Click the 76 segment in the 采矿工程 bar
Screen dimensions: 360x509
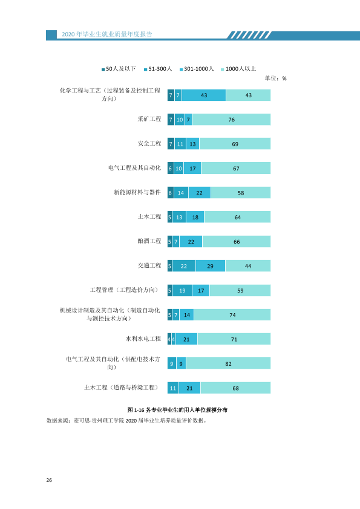click(231, 120)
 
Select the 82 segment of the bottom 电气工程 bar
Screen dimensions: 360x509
click(229, 363)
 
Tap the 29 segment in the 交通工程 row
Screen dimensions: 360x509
click(211, 266)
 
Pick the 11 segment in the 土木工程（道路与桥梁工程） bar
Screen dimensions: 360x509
click(173, 388)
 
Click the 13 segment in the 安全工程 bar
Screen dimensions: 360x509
click(192, 144)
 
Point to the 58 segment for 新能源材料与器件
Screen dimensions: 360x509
click(241, 192)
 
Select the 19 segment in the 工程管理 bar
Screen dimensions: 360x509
click(182, 290)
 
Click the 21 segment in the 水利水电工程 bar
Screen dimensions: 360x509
click(186, 339)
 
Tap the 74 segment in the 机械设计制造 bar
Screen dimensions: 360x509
click(232, 315)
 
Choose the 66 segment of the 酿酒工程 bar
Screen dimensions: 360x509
click(237, 242)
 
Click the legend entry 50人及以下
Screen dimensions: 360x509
click(119, 69)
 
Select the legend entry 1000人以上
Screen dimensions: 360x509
click(238, 69)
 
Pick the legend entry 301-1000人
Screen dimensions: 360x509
click(197, 69)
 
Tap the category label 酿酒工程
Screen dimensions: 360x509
click(149, 241)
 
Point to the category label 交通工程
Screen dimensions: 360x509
click(149, 265)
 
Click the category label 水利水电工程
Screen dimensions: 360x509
click(143, 339)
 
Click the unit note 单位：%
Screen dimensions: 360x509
click(275, 78)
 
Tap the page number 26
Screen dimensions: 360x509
click(49, 480)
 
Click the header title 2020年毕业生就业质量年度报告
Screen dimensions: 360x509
click(107, 34)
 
